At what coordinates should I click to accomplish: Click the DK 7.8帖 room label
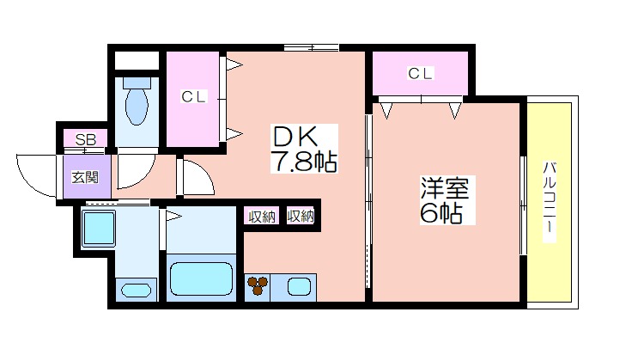(x=304, y=149)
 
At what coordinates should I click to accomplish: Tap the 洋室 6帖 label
(x=447, y=200)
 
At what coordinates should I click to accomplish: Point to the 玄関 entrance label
(x=86, y=178)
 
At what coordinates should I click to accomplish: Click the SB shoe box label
(x=86, y=140)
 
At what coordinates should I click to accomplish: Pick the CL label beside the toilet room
(x=194, y=97)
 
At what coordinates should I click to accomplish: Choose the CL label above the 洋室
(x=421, y=74)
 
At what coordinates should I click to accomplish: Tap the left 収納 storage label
(x=262, y=217)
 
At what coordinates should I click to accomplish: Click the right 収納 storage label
(x=301, y=216)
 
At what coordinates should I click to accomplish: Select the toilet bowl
(x=137, y=102)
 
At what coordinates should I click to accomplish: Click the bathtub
(x=201, y=278)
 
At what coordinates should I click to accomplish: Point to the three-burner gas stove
(x=258, y=285)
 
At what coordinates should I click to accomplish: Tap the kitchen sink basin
(x=299, y=286)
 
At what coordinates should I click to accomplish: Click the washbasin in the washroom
(x=137, y=291)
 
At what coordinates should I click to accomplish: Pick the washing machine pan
(x=99, y=229)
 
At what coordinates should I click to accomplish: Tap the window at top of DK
(x=311, y=47)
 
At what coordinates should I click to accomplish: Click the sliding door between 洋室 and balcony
(x=523, y=205)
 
